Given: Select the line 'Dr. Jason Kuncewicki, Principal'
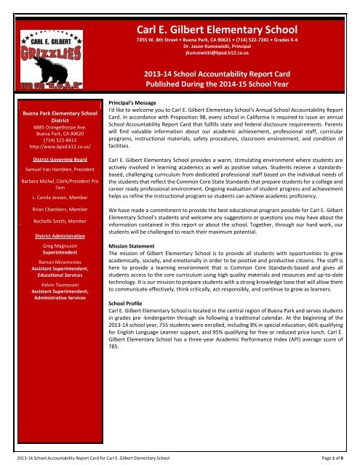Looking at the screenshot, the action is click(x=225, y=45).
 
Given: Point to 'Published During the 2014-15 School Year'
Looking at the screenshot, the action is click(x=225, y=86).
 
